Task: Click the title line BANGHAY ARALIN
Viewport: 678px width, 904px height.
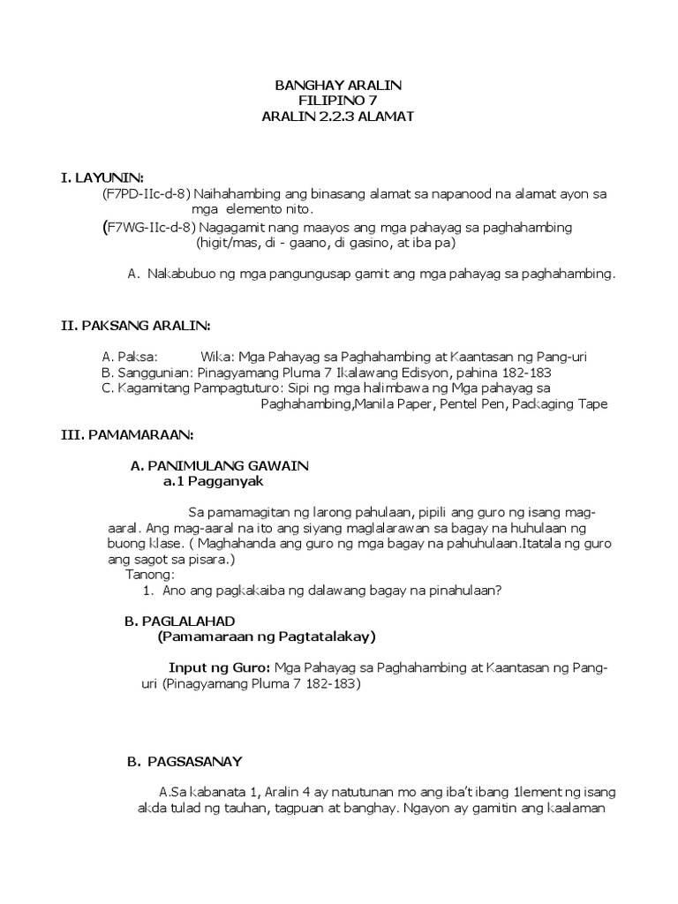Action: (338, 85)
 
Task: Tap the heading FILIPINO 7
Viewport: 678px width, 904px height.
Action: (338, 101)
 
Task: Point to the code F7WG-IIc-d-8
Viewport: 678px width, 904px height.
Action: (147, 228)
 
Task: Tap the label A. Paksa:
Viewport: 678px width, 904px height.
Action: (130, 357)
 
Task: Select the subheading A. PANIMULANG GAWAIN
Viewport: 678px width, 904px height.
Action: (219, 465)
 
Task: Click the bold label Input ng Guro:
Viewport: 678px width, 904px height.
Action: (219, 667)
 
